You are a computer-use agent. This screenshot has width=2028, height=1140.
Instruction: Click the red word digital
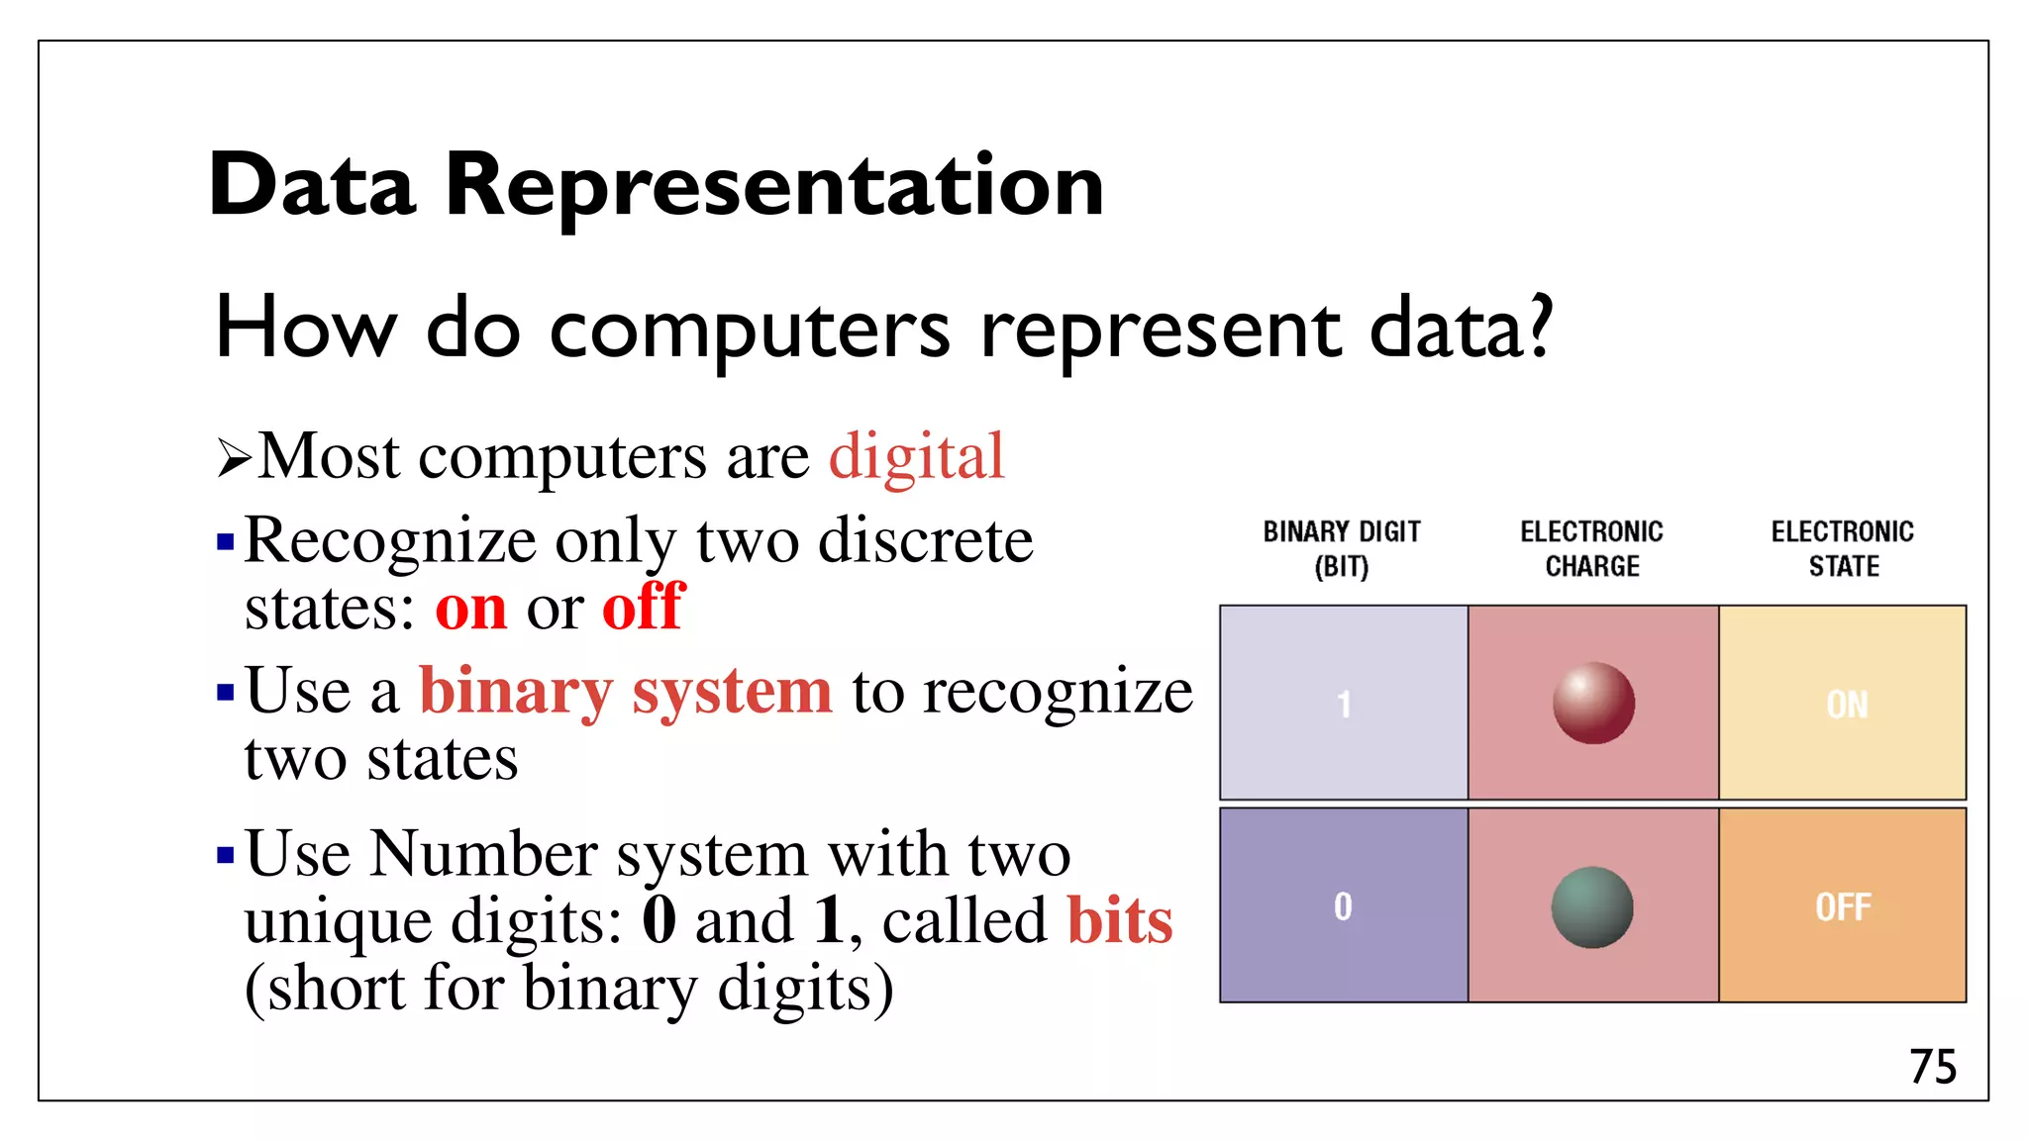(916, 457)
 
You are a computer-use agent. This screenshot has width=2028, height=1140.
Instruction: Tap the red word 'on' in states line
(470, 609)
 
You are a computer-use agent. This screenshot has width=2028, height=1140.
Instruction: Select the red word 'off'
(643, 607)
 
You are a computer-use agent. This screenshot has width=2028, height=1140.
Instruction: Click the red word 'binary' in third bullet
(516, 692)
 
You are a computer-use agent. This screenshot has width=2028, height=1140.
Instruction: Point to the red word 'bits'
(1120, 921)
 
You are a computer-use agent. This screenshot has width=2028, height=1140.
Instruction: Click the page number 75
(1932, 1067)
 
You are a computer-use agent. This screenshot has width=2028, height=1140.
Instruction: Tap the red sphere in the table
(1593, 704)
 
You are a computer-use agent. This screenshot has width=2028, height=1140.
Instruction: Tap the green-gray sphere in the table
(1591, 906)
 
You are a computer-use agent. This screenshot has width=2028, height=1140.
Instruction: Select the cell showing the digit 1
(1344, 704)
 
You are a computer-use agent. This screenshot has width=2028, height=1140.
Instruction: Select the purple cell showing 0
(1343, 906)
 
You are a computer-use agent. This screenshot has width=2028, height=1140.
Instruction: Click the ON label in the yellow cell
(1847, 705)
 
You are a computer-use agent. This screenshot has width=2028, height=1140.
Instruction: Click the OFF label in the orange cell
(1843, 906)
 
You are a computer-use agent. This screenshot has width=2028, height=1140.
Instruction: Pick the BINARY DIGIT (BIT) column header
(1342, 548)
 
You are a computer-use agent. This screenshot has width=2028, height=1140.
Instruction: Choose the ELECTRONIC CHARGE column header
(1591, 548)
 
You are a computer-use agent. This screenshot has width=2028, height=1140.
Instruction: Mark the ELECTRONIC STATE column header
(1842, 548)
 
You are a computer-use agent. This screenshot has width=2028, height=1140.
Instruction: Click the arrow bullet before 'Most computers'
(234, 458)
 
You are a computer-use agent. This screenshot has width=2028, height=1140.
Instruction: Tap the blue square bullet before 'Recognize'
(226, 542)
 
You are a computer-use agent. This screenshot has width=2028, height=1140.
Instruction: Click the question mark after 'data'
(1539, 327)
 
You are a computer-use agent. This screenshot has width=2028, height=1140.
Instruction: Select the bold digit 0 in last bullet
(659, 920)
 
